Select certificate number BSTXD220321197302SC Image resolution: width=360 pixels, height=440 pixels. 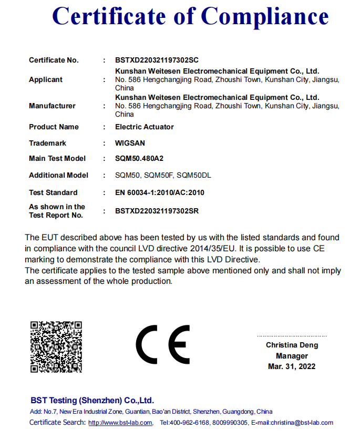click(x=157, y=60)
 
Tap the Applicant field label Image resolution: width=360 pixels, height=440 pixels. click(x=46, y=79)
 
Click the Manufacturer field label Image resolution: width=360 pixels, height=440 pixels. click(x=52, y=106)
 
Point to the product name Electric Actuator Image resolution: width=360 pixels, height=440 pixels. click(x=144, y=127)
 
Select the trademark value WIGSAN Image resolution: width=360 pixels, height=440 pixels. click(x=130, y=143)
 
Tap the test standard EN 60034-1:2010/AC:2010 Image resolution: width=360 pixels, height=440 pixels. click(x=159, y=192)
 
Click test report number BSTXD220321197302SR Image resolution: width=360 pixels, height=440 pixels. click(x=157, y=211)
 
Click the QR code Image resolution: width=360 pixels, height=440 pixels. click(x=56, y=346)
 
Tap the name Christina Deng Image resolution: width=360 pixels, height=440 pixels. click(x=292, y=345)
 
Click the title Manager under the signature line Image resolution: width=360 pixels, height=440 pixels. click(x=292, y=356)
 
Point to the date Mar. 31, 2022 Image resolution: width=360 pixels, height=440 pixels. click(x=292, y=366)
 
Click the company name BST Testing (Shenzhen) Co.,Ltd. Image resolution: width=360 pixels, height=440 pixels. click(x=92, y=400)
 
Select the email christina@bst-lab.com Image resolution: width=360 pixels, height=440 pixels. click(x=302, y=423)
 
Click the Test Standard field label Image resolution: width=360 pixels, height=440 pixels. click(x=53, y=192)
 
